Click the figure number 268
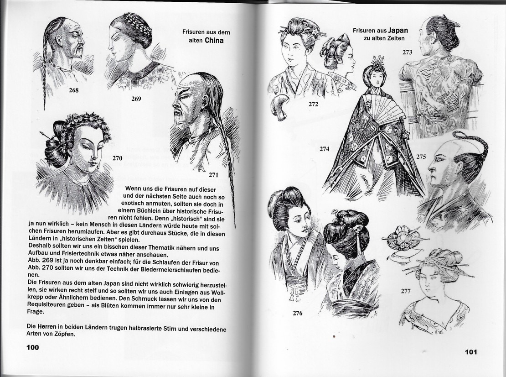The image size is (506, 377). point(73,90)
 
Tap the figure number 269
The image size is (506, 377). point(136,99)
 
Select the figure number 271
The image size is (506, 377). point(213,175)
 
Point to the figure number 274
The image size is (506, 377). point(324,149)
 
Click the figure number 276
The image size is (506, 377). point(298,313)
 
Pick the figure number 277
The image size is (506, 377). point(406,291)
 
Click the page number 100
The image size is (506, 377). point(32,347)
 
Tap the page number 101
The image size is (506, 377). point(471,352)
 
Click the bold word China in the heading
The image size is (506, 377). point(214,40)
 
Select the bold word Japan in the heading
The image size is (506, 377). point(398,31)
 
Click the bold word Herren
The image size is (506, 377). point(46,327)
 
